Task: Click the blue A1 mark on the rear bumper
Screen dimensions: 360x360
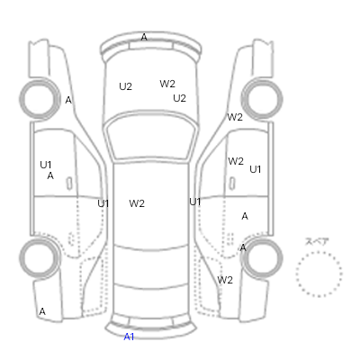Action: tap(129, 337)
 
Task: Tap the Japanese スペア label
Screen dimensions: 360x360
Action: tap(317, 241)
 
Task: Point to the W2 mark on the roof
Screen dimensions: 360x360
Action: tap(137, 203)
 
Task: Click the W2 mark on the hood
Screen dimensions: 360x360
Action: tap(167, 84)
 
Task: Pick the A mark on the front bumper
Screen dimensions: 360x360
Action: tap(144, 37)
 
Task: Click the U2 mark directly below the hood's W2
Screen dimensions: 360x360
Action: tap(179, 98)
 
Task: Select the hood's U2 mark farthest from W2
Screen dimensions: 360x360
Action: tap(125, 86)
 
